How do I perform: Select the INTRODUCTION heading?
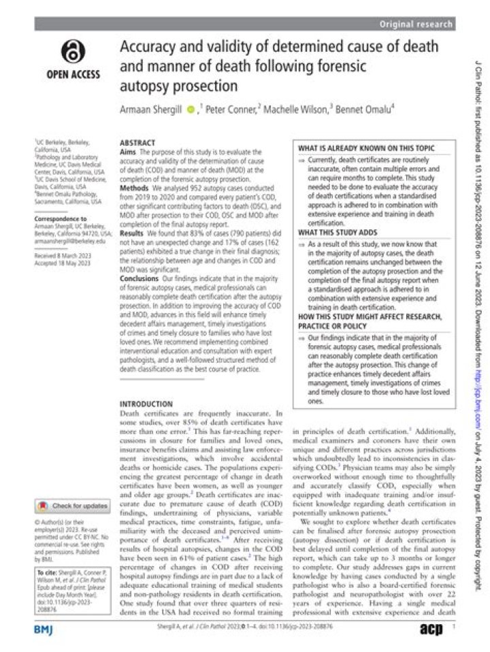[146, 403]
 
